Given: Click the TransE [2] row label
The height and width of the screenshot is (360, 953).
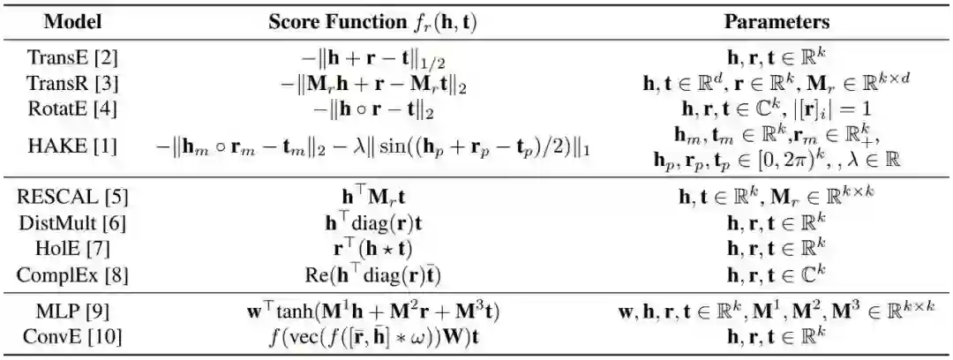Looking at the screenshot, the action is [x=73, y=58].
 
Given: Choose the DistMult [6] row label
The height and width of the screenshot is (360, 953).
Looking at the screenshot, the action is [x=73, y=220].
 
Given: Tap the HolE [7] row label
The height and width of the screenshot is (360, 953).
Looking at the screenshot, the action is [x=73, y=247].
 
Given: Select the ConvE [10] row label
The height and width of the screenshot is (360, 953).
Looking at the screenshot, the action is [x=73, y=336].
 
